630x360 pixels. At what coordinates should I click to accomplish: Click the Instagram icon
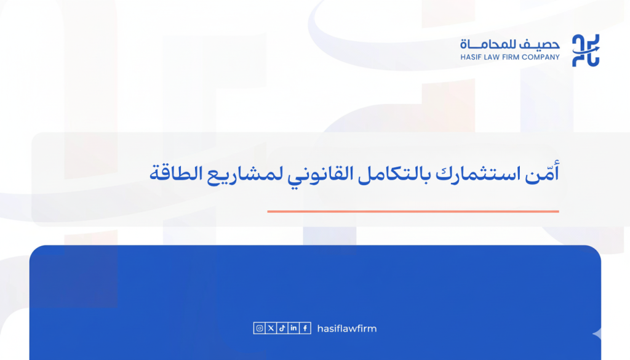coord(260,329)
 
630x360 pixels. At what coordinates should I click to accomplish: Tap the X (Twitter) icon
coord(271,329)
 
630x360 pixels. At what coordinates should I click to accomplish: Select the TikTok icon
coord(282,329)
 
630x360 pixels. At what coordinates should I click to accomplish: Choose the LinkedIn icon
coord(293,329)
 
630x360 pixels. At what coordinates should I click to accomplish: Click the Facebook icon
coord(305,329)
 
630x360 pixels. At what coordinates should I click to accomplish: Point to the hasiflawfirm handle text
coord(346,329)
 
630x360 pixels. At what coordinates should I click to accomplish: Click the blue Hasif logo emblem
coord(586,50)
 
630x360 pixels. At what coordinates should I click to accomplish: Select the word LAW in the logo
coord(496,57)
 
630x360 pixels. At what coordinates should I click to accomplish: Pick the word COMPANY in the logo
coord(544,57)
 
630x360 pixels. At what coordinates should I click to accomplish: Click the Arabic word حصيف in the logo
coord(544,45)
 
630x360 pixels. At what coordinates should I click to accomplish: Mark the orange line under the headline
coord(413,212)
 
